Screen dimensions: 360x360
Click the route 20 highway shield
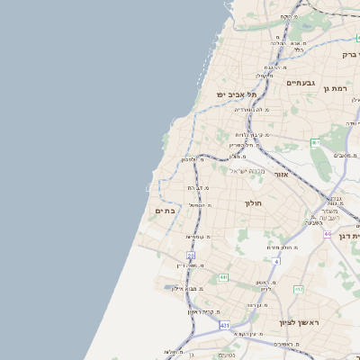pyautogui.click(x=191, y=256)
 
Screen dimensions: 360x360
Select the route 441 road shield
pyautogui.click(x=222, y=277)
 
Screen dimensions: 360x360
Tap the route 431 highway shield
pyautogui.click(x=224, y=324)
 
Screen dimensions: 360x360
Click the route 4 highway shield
pyautogui.click(x=276, y=261)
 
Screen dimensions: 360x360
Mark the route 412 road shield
pyautogui.click(x=299, y=289)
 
